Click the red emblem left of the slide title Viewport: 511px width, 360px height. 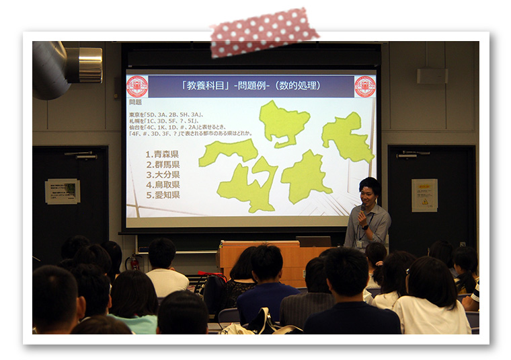(137, 86)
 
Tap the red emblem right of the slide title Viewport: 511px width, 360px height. (365, 86)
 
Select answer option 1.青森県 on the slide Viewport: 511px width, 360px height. (162, 154)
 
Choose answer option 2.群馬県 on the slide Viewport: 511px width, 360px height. (162, 164)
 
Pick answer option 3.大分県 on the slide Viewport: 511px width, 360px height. (162, 174)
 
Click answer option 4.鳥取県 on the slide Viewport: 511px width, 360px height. (162, 184)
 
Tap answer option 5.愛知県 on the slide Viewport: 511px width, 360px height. (162, 194)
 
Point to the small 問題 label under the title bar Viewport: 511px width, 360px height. (135, 102)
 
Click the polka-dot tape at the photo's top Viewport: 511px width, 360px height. (264, 32)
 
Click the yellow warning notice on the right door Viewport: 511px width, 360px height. (424, 195)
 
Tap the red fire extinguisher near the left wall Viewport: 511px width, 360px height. (135, 263)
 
